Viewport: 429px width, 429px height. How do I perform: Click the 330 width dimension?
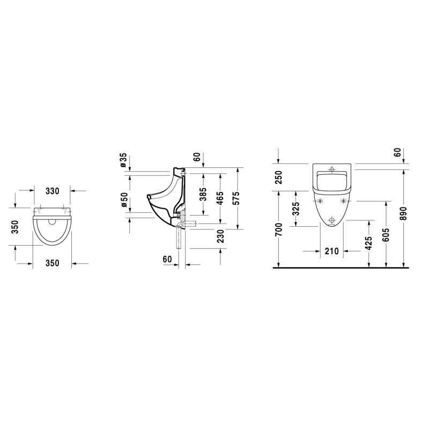click(x=52, y=191)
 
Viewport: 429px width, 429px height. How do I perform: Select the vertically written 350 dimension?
click(x=15, y=227)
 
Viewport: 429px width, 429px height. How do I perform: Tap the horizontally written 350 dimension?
click(x=52, y=263)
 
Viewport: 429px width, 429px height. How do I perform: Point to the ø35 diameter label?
click(x=123, y=160)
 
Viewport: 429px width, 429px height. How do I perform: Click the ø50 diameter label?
click(x=124, y=199)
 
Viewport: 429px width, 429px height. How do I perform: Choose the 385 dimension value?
click(x=203, y=194)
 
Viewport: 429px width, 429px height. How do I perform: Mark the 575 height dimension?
click(x=235, y=198)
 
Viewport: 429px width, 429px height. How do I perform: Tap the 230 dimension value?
click(x=220, y=236)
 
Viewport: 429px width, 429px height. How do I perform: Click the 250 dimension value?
click(x=278, y=177)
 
